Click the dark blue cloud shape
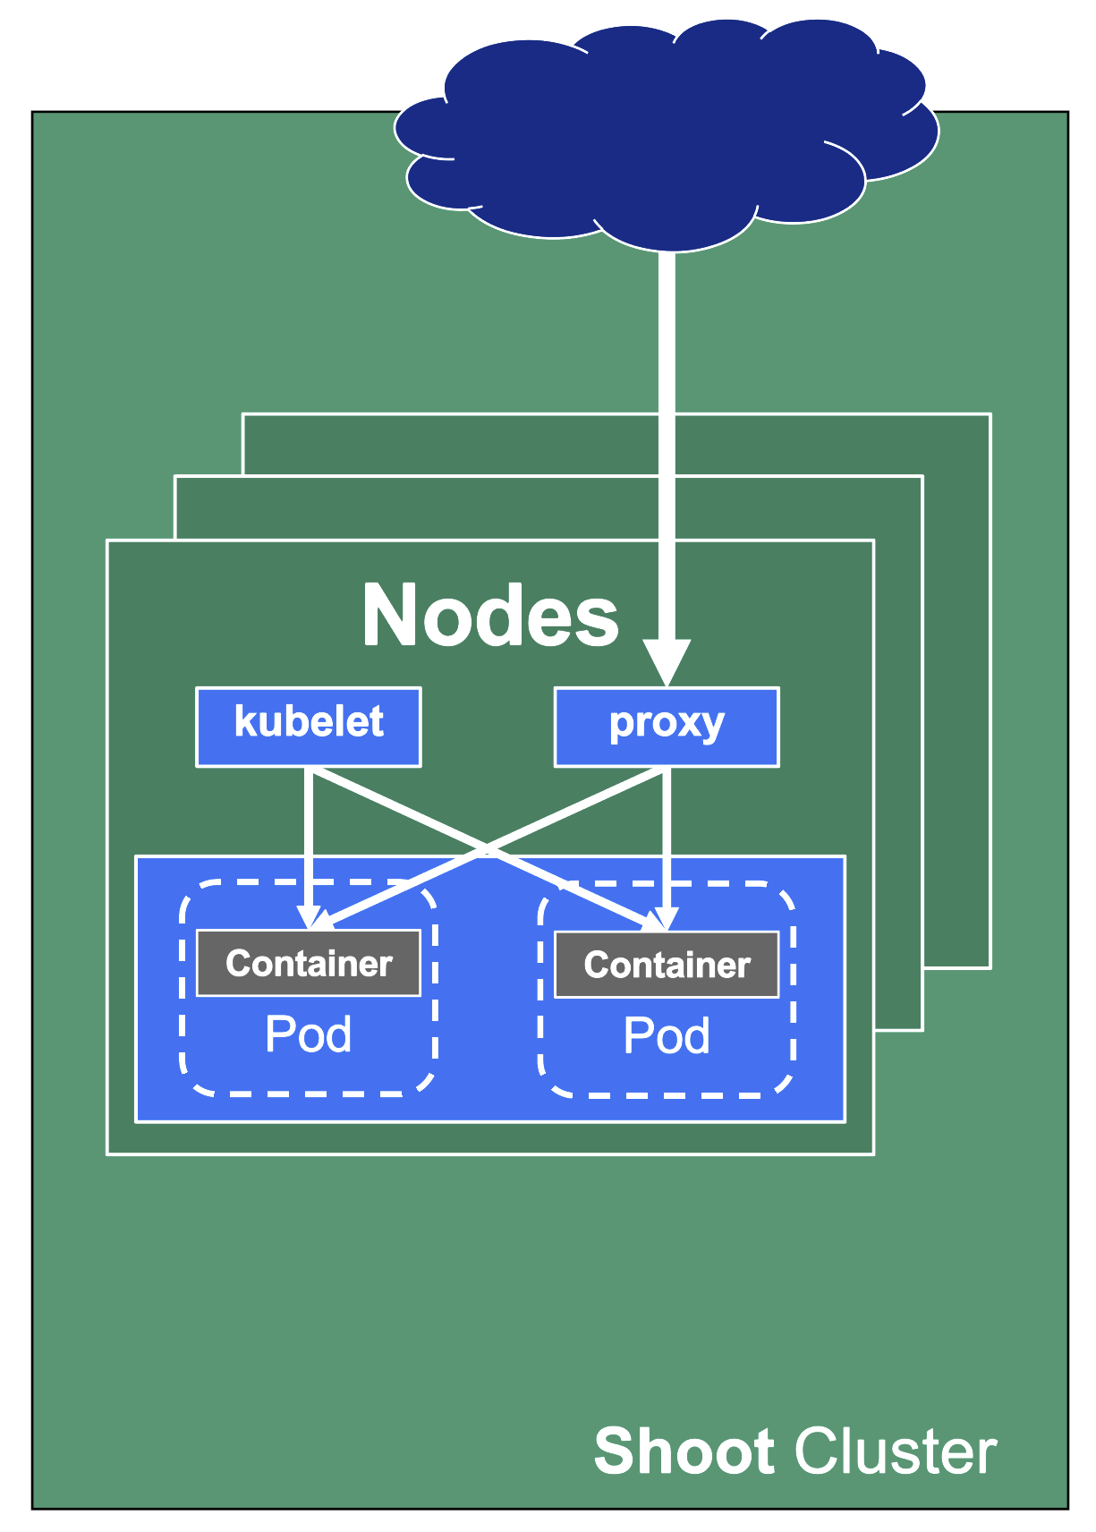tap(667, 134)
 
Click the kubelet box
tap(309, 727)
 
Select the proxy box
tap(667, 727)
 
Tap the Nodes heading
tap(489, 616)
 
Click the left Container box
tap(309, 963)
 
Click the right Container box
tap(667, 965)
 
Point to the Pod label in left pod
tap(309, 1034)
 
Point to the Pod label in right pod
tap(667, 1036)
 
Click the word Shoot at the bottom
tap(684, 1451)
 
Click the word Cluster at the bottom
tap(895, 1451)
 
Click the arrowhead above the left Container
tap(310, 918)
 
